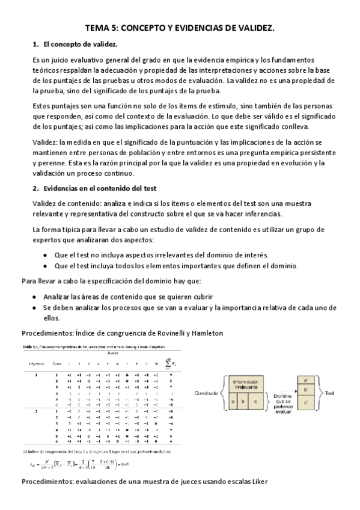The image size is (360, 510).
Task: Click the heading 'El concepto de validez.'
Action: [80, 45]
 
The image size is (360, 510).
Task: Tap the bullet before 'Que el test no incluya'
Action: [45, 254]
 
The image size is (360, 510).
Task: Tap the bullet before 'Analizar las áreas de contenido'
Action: [34, 297]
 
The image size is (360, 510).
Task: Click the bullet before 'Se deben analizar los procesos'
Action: [34, 307]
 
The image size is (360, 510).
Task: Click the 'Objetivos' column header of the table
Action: [32, 364]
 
